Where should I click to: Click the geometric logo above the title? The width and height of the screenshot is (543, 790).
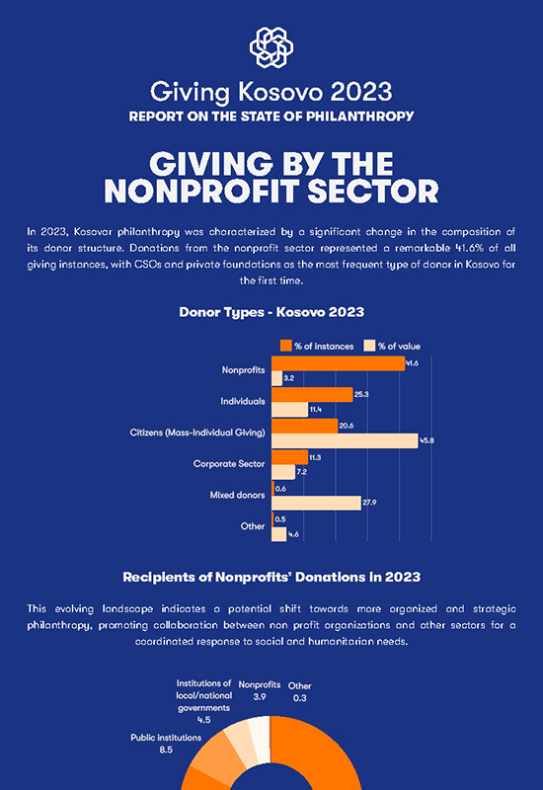coord(271,46)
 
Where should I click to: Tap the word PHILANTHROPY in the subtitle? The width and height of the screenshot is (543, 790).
coord(360,117)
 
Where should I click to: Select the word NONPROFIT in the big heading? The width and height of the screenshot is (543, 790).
coord(202,192)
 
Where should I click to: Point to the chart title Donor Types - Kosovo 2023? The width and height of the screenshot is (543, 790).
coord(271,312)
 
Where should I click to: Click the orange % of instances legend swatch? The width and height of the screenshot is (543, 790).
coord(285,346)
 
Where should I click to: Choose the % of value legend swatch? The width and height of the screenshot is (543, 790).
coord(369,346)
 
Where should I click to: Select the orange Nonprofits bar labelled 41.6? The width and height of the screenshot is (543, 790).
coord(338,363)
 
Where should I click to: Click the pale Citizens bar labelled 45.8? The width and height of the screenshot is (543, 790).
coord(345,440)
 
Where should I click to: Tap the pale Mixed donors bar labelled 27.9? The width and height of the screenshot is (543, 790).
coord(316,503)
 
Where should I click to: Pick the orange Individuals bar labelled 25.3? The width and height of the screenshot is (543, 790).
coord(312,394)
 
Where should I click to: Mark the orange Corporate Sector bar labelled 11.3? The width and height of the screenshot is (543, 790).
coord(289,457)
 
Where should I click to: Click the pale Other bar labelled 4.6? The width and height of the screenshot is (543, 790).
coord(279,534)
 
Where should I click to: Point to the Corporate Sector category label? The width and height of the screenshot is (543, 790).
coord(229,463)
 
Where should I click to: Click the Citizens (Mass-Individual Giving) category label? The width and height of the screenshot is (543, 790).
coord(197,433)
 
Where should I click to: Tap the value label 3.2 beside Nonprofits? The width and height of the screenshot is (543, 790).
coord(288,378)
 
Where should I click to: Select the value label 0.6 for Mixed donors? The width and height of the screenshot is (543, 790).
coord(280,489)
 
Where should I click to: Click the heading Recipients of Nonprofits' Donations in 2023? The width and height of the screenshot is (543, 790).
coord(271,577)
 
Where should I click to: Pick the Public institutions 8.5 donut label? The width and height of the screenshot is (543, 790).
coord(166,744)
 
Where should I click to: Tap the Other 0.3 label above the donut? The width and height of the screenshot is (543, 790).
coord(300,692)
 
